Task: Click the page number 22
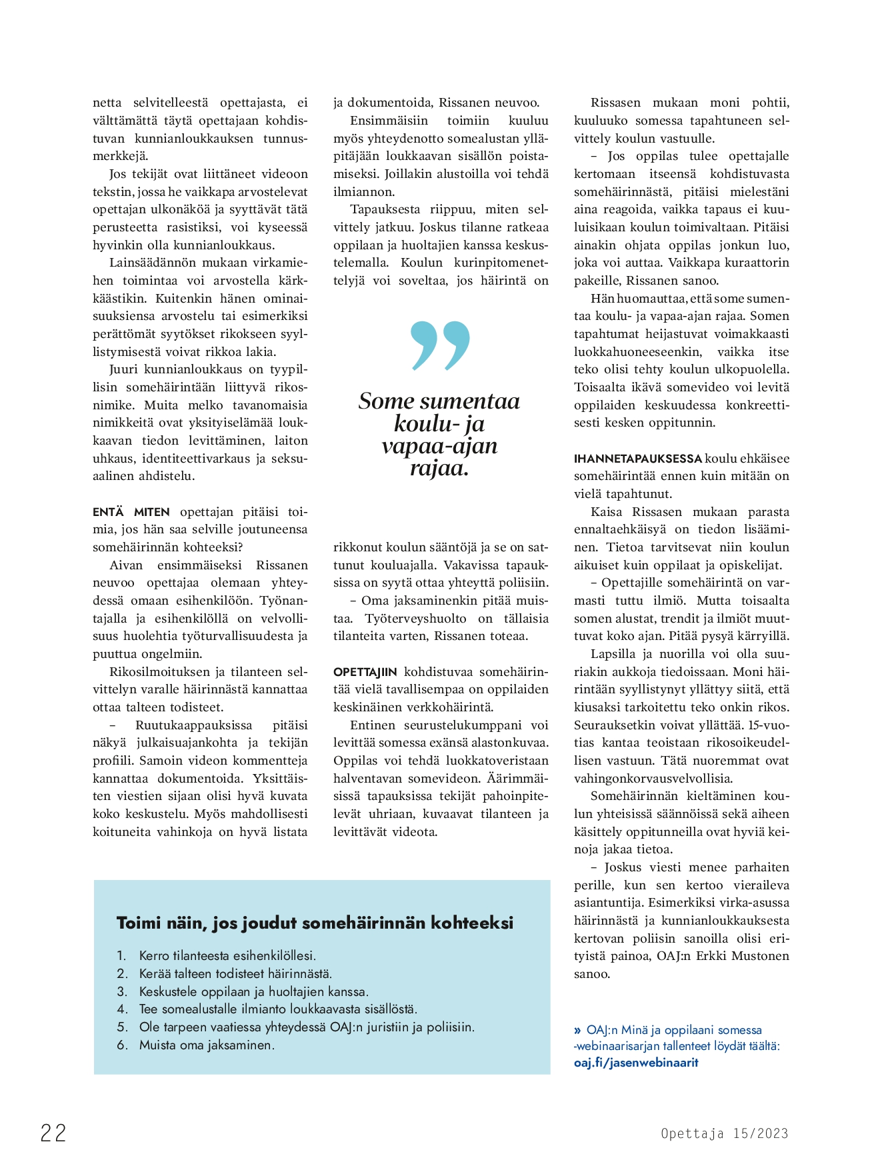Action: click(53, 1133)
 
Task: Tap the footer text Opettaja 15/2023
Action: click(724, 1133)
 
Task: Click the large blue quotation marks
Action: click(441, 345)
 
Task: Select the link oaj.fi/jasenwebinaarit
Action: click(635, 1063)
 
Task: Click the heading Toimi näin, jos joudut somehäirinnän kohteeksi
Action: click(315, 923)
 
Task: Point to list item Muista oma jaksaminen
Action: click(207, 1045)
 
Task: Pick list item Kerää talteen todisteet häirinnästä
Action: click(235, 973)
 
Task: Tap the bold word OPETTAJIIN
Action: click(365, 672)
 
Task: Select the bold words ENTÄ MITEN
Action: click(131, 512)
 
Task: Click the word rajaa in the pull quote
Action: click(439, 468)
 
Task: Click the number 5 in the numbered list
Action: click(122, 1027)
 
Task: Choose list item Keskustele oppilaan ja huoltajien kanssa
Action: click(253, 991)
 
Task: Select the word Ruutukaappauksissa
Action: click(193, 725)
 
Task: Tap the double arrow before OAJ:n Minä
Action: click(577, 1030)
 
